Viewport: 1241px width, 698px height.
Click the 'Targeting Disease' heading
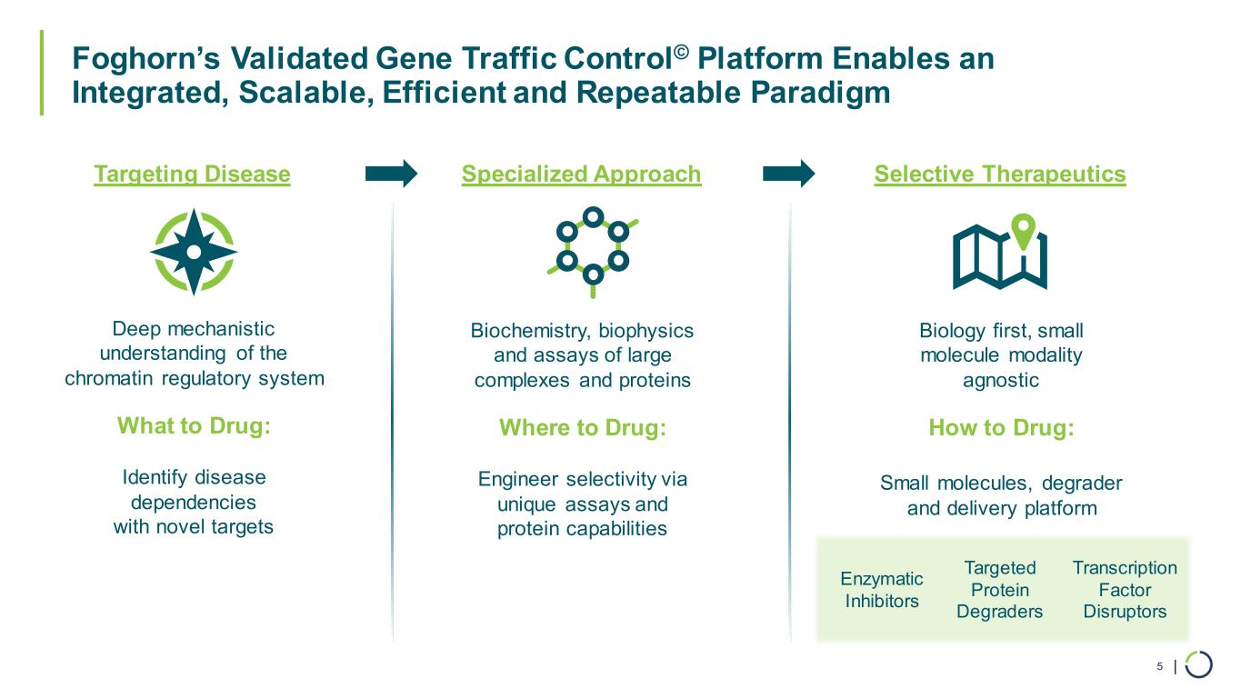(x=192, y=174)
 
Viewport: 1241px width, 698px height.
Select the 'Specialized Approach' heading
(x=581, y=174)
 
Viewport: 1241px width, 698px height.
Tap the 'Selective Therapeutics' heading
(x=999, y=174)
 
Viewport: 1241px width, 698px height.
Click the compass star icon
(x=194, y=252)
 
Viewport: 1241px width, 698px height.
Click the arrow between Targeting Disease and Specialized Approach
(x=391, y=173)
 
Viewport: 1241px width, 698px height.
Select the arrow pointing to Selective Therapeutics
(x=789, y=173)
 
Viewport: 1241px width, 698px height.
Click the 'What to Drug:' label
(x=194, y=426)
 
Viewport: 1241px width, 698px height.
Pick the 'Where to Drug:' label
(x=583, y=427)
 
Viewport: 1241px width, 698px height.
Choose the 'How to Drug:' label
(x=1001, y=427)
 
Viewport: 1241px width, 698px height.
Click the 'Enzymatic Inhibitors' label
(x=882, y=590)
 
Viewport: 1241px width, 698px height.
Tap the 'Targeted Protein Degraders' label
(x=999, y=590)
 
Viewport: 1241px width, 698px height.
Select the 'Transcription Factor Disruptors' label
(x=1125, y=590)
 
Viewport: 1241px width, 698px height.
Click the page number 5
(x=1159, y=667)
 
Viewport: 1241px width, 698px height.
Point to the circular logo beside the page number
(x=1198, y=664)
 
